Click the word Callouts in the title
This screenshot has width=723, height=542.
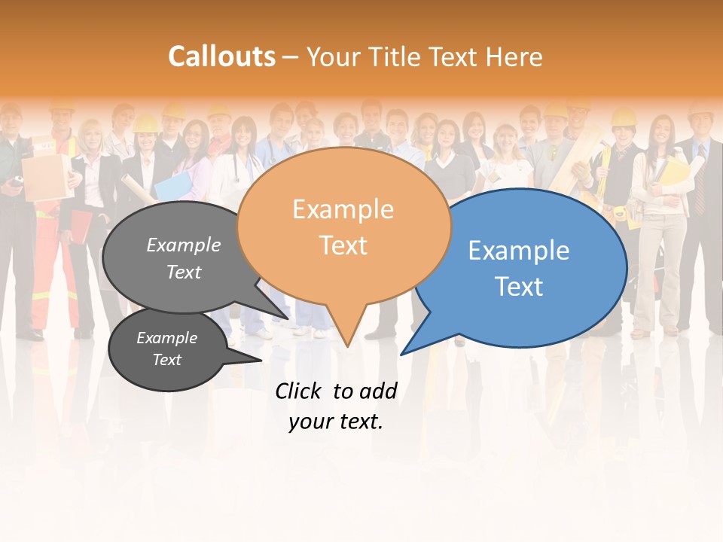coord(221,56)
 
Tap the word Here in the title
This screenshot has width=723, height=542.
coord(514,56)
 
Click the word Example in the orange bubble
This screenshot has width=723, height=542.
coord(343,209)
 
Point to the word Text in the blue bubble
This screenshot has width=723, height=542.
coord(520,286)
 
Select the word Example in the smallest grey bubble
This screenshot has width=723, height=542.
coord(166,338)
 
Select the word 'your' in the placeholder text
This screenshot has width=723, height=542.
coord(310,422)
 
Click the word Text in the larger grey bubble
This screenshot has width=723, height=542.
coord(184,272)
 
